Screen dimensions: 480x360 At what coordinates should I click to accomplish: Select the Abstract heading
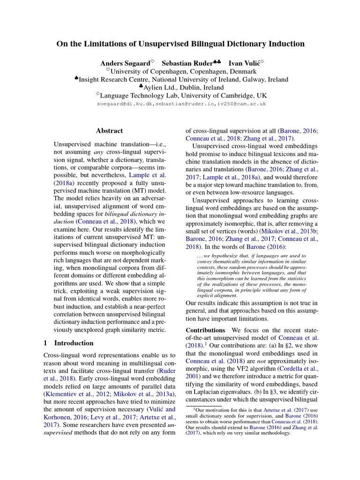coord(109,131)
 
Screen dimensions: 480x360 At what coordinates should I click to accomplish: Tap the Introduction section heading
coord(74,343)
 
